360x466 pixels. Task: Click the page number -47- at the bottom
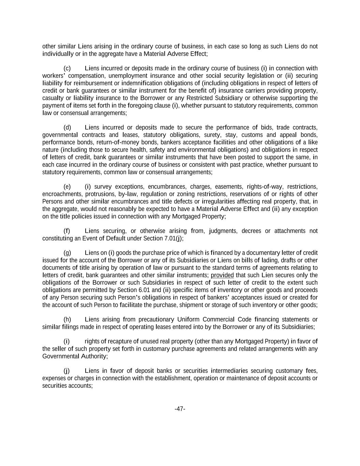[180, 409]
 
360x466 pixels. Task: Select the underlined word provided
[222, 275]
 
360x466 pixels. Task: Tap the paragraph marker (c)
[67, 68]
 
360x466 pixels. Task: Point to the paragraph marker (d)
[67, 128]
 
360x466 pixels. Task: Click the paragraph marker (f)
[67, 231]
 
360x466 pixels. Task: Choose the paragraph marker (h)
[67, 320]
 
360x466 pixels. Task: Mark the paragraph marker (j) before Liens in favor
[67, 371]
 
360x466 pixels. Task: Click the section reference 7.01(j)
[174, 238]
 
